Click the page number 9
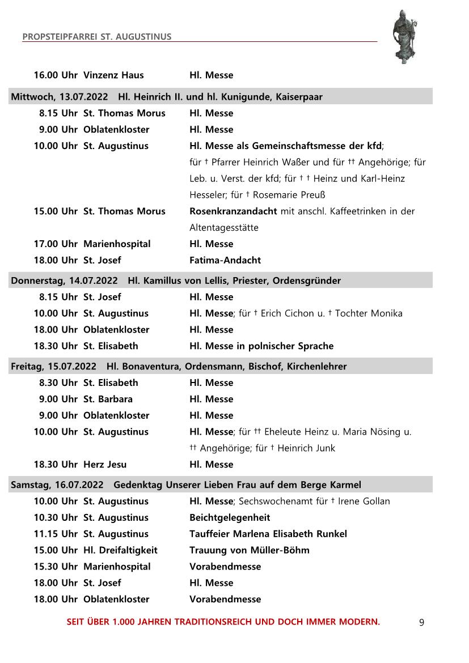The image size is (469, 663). (x=421, y=623)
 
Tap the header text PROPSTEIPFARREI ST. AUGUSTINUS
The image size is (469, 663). (x=97, y=37)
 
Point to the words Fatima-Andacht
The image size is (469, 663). (x=225, y=261)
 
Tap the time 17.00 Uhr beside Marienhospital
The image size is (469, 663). (x=56, y=244)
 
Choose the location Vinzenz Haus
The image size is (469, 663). (x=113, y=75)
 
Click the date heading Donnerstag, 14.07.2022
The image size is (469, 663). (x=64, y=280)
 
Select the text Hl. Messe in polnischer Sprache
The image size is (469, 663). (x=261, y=346)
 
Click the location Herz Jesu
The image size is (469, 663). (x=105, y=465)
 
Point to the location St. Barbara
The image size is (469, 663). (x=108, y=399)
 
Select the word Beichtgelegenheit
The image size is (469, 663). (x=230, y=518)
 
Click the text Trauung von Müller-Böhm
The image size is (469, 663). (x=250, y=550)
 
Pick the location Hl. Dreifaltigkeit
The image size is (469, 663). (x=120, y=550)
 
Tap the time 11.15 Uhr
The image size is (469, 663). (x=56, y=534)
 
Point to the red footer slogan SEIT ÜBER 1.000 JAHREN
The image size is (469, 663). (x=223, y=622)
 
